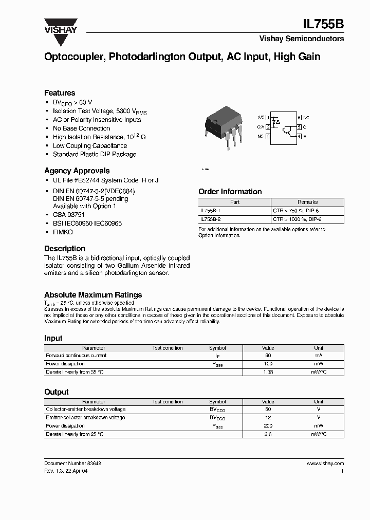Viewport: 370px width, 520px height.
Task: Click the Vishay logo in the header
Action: coord(60,26)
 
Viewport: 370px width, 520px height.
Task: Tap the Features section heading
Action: coord(60,93)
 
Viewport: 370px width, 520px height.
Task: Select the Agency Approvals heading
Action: coord(77,171)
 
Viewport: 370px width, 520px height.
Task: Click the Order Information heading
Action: coord(230,192)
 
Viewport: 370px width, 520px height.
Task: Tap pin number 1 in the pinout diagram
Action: coord(268,118)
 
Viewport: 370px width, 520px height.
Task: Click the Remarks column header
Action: coord(307,202)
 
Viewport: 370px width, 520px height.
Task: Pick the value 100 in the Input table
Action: coord(268,363)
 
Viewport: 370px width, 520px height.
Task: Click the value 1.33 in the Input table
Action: coord(268,372)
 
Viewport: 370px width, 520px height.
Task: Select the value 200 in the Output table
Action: coord(268,426)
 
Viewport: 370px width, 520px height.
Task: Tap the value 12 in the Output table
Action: coord(268,418)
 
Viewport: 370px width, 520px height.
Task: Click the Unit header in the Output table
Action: coord(319,402)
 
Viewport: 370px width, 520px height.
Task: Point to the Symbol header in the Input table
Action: coord(217,348)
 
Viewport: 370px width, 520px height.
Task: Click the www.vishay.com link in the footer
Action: coord(325,463)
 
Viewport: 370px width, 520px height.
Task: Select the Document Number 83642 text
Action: coord(72,463)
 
